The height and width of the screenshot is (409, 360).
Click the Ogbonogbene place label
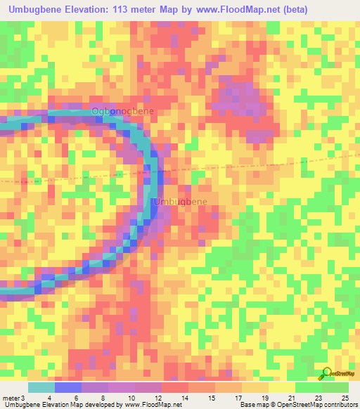(122, 112)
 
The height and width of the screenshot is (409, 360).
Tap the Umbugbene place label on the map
(181, 202)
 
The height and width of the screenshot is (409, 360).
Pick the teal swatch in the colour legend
(41, 387)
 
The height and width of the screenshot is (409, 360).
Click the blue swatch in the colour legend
(68, 387)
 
